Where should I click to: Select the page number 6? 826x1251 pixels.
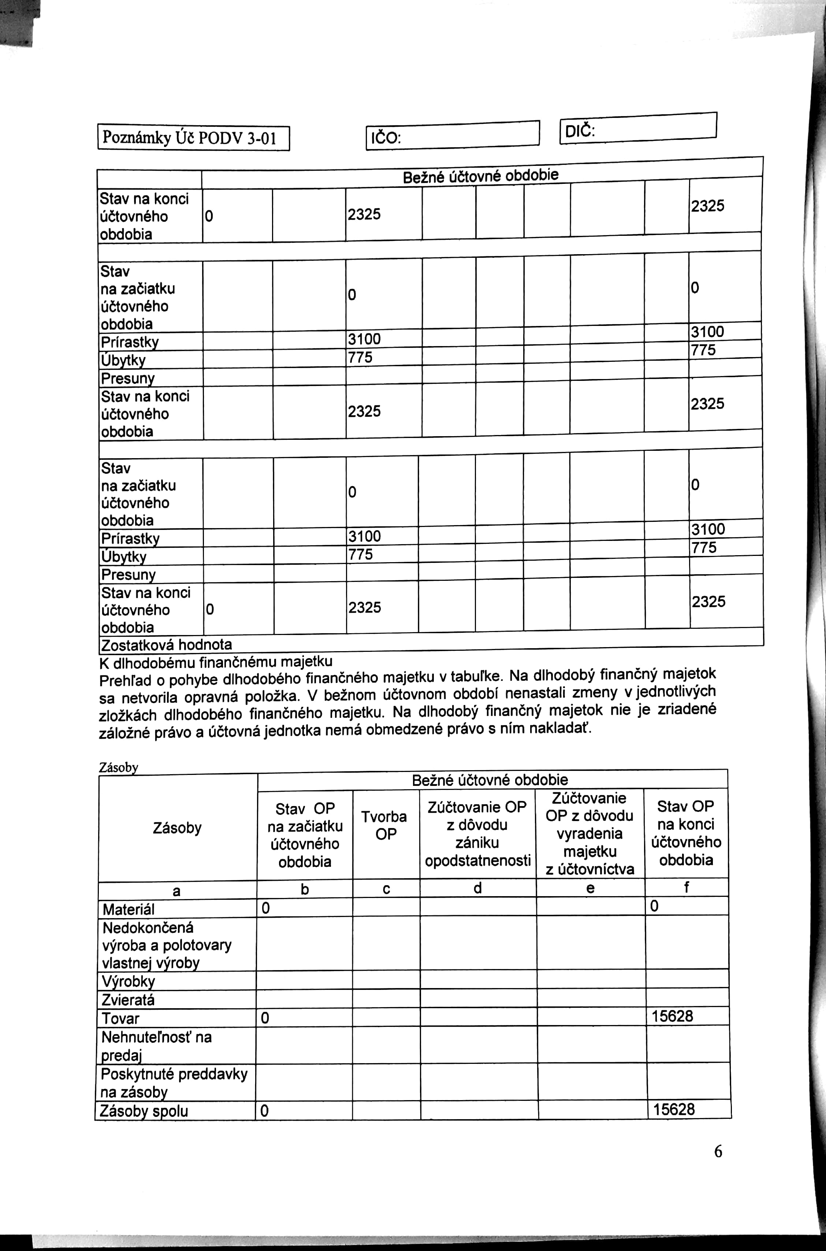718,1152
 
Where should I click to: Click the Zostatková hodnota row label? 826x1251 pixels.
166,645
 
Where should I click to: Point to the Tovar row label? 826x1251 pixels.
120,1018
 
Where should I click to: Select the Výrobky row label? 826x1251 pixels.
128,981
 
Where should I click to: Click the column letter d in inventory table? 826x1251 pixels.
477,888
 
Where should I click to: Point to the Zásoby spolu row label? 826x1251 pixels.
144,1111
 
